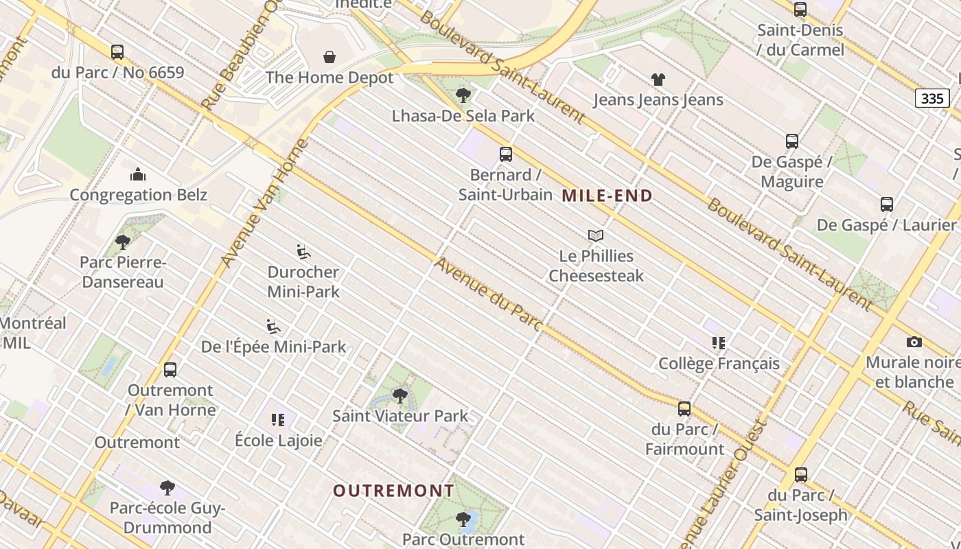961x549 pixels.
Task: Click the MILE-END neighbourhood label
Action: pos(607,196)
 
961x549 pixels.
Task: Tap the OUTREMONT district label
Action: pos(393,491)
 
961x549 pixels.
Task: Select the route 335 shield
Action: pos(931,99)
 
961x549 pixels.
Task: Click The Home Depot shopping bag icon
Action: pos(329,57)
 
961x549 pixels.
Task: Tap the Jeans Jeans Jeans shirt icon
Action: pos(658,80)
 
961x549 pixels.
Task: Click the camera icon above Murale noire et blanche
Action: pos(914,342)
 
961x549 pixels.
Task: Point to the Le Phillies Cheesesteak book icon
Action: pos(596,236)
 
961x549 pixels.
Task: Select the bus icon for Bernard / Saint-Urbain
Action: pos(506,154)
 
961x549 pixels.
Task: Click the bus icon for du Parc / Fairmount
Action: pos(684,409)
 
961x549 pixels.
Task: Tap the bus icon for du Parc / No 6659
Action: pos(117,52)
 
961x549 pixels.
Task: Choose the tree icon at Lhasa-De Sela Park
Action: pos(463,95)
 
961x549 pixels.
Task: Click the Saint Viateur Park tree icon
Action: pos(400,396)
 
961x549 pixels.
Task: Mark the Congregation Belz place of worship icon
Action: pos(138,174)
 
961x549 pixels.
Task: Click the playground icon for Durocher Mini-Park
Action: pos(303,252)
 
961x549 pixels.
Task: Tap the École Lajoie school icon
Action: pos(278,420)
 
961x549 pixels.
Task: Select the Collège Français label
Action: pos(719,364)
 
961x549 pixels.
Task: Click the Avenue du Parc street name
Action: pos(488,294)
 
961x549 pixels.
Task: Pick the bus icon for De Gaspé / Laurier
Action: pos(886,205)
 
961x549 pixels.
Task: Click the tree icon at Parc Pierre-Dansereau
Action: pos(123,242)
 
